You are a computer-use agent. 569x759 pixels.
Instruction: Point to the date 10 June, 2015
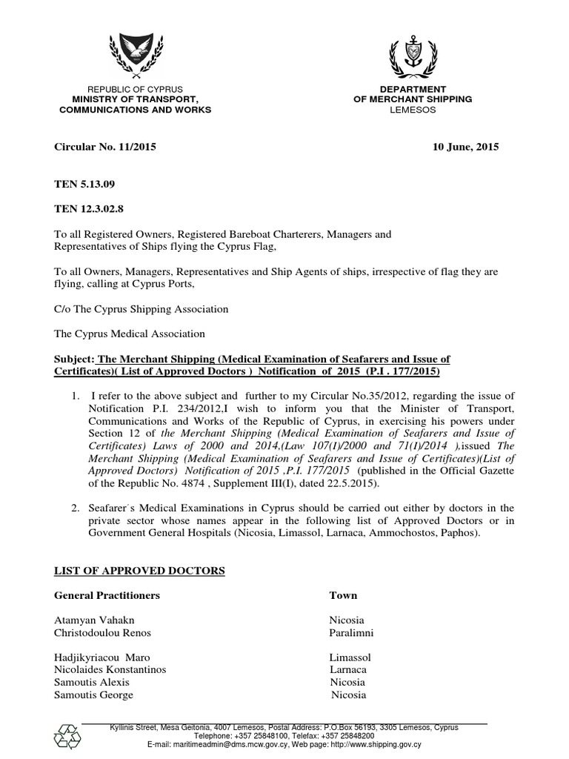pyautogui.click(x=465, y=147)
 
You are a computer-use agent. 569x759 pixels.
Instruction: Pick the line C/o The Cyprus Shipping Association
pyautogui.click(x=142, y=308)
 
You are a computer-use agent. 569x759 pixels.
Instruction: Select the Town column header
pyautogui.click(x=343, y=595)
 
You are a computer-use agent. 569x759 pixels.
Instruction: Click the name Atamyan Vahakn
pyautogui.click(x=95, y=620)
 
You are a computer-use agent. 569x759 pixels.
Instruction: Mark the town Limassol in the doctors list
pyautogui.click(x=350, y=657)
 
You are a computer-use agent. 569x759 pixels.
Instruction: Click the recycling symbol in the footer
pyautogui.click(x=67, y=736)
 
